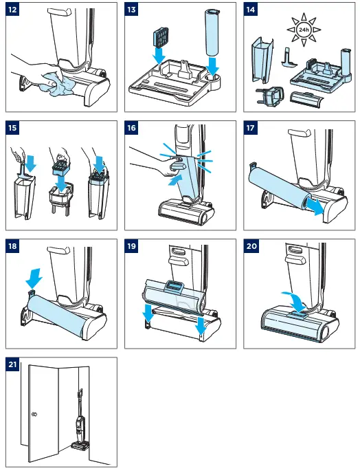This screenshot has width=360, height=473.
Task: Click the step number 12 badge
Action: click(12, 10)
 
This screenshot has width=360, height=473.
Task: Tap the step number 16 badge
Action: click(131, 128)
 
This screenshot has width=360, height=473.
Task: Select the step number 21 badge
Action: click(12, 364)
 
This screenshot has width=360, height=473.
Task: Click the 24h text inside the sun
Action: click(304, 30)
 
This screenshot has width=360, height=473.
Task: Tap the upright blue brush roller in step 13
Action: click(212, 32)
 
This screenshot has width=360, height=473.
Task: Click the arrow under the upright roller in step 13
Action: click(213, 67)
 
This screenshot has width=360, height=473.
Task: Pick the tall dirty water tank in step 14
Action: click(262, 60)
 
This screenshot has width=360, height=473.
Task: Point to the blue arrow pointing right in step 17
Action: click(315, 207)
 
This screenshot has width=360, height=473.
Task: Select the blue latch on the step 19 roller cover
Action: click(173, 285)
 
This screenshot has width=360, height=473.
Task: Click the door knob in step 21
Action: click(34, 415)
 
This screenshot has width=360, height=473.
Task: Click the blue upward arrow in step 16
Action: click(175, 181)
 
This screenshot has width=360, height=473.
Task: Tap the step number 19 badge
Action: click(131, 246)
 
